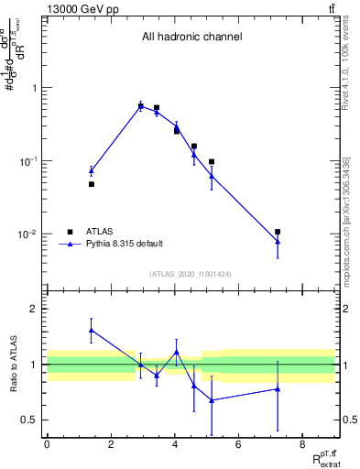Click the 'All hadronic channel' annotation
click(191, 38)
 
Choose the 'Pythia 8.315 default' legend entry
click(124, 244)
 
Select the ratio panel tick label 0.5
click(29, 420)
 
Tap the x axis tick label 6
click(238, 445)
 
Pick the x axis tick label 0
click(47, 445)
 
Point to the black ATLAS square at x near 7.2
click(278, 232)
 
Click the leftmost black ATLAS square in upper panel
click(92, 184)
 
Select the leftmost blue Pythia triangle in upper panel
click(92, 170)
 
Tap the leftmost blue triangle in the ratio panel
click(92, 330)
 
